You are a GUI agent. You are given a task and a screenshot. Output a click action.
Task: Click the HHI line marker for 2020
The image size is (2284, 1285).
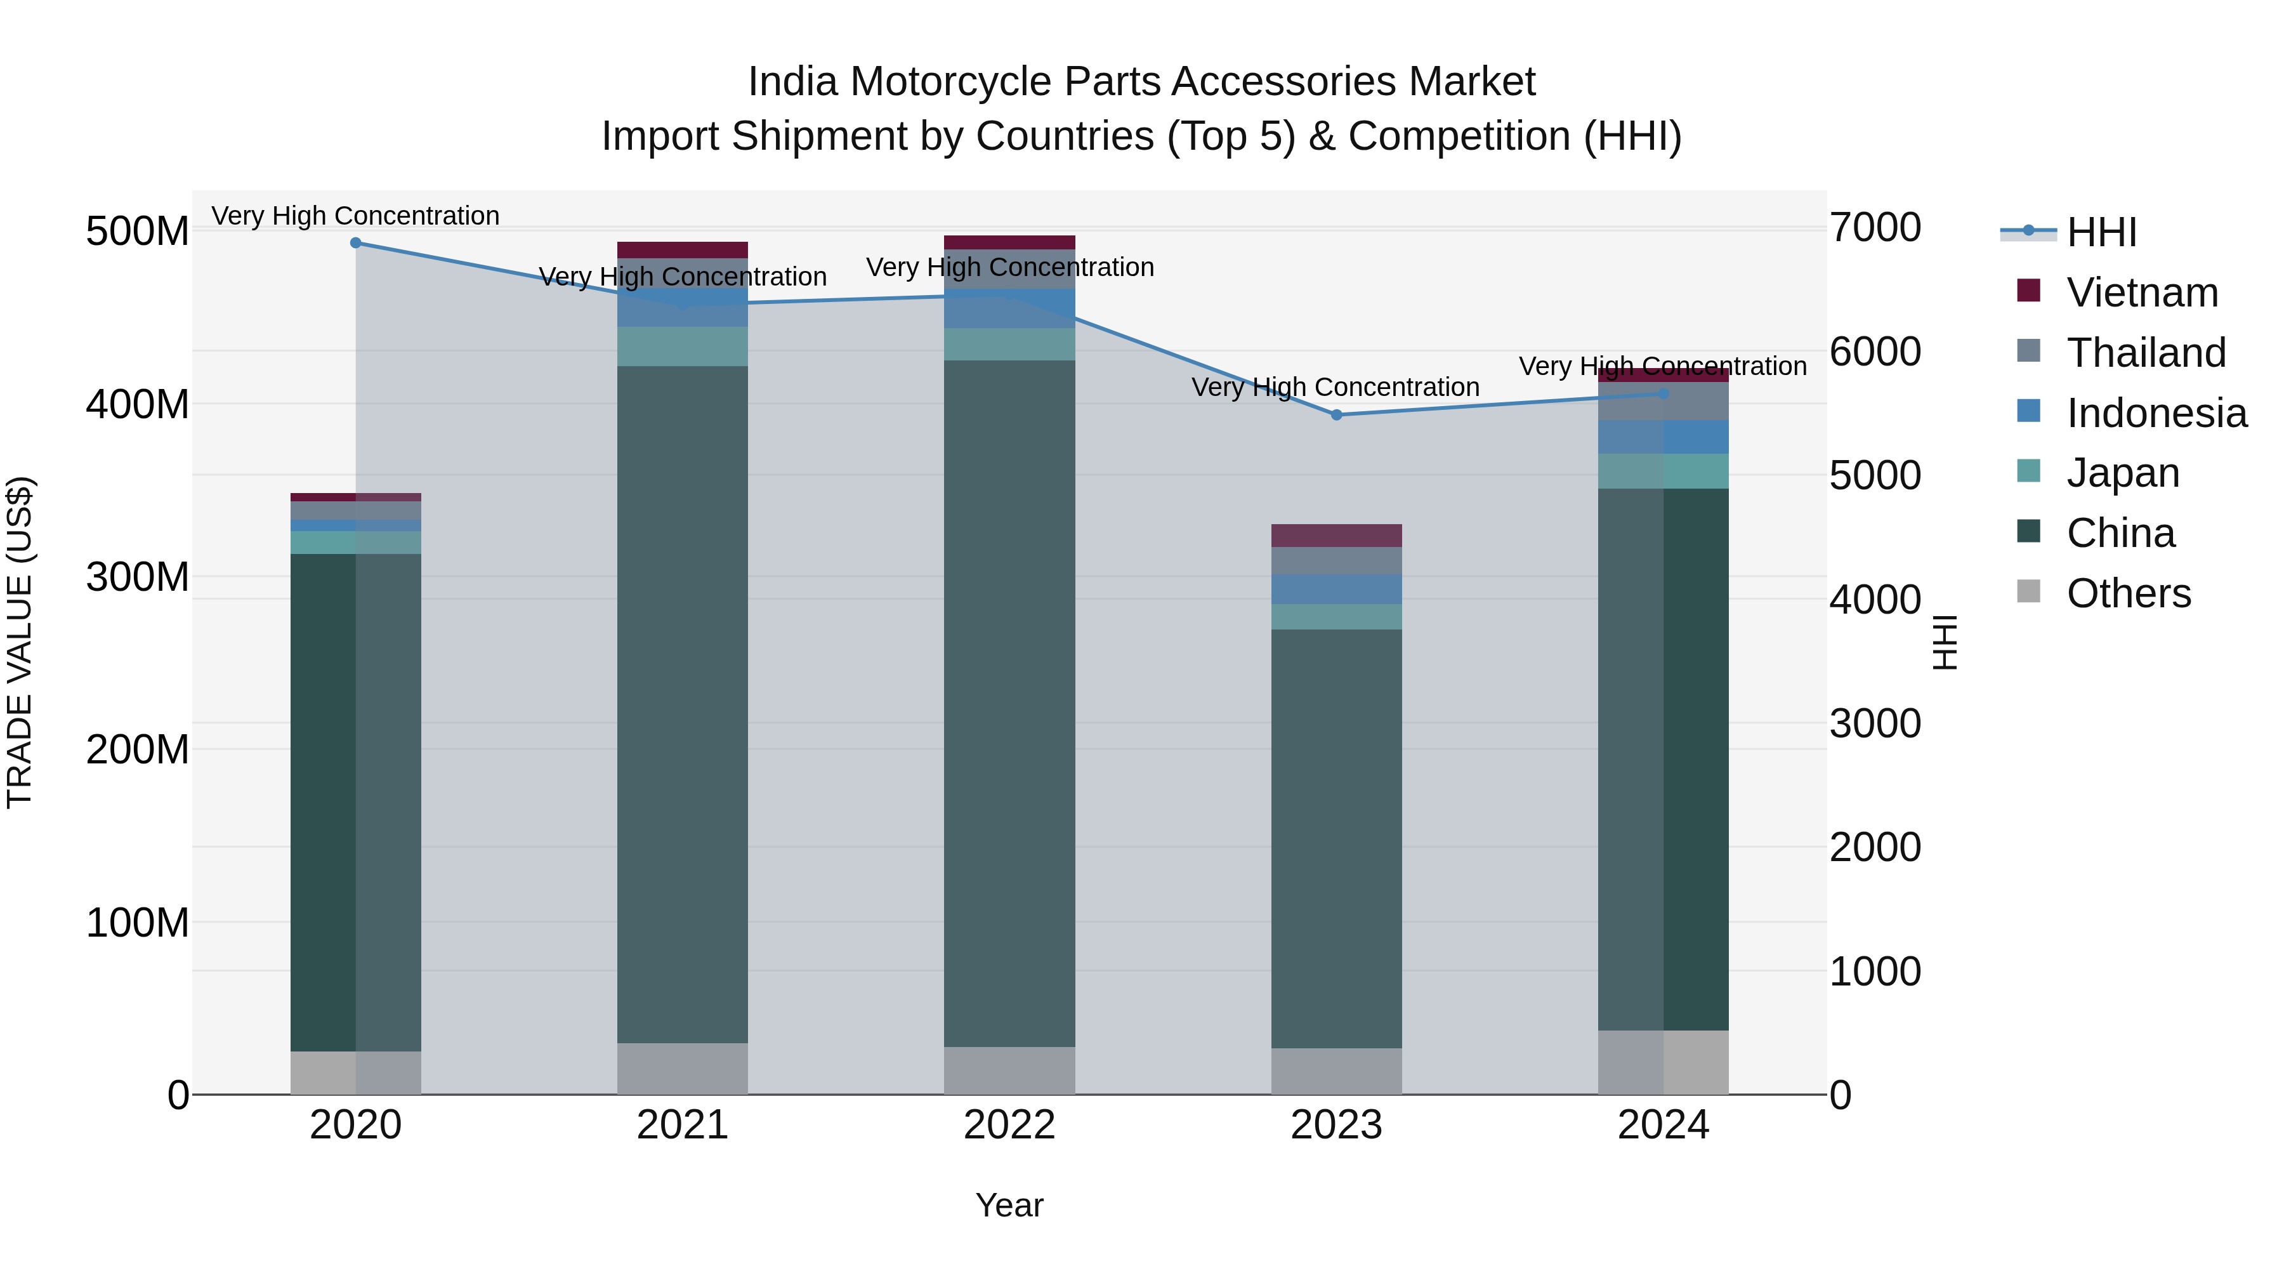355,243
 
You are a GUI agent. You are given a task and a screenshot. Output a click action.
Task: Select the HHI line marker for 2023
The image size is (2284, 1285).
1336,415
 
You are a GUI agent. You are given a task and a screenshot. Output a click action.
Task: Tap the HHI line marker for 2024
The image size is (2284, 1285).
1664,393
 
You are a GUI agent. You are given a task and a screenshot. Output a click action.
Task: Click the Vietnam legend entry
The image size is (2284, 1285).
2141,293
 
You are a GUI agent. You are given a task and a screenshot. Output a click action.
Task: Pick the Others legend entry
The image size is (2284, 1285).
2128,593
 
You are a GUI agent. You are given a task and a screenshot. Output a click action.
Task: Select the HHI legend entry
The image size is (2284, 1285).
2101,232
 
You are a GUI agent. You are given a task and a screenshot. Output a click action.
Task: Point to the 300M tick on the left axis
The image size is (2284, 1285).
138,577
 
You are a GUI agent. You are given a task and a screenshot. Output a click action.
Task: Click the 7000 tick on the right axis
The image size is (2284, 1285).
1874,228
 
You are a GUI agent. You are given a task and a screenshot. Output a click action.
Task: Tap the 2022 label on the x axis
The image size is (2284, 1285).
1009,1125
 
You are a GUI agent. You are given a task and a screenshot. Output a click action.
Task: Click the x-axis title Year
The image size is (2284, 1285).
1009,1205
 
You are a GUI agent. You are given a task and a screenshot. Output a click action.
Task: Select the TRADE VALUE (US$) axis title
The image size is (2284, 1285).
20,642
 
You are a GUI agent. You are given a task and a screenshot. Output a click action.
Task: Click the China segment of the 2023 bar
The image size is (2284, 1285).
1336,838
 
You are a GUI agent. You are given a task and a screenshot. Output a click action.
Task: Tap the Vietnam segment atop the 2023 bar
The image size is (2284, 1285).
1336,536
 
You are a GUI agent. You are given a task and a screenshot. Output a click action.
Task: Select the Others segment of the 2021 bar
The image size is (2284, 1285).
682,1068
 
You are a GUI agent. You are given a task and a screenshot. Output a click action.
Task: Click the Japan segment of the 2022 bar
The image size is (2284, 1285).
1009,344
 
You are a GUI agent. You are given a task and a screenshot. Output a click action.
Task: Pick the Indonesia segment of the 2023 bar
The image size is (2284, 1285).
1336,589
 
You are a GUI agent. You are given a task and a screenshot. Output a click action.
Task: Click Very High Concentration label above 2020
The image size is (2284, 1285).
355,216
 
